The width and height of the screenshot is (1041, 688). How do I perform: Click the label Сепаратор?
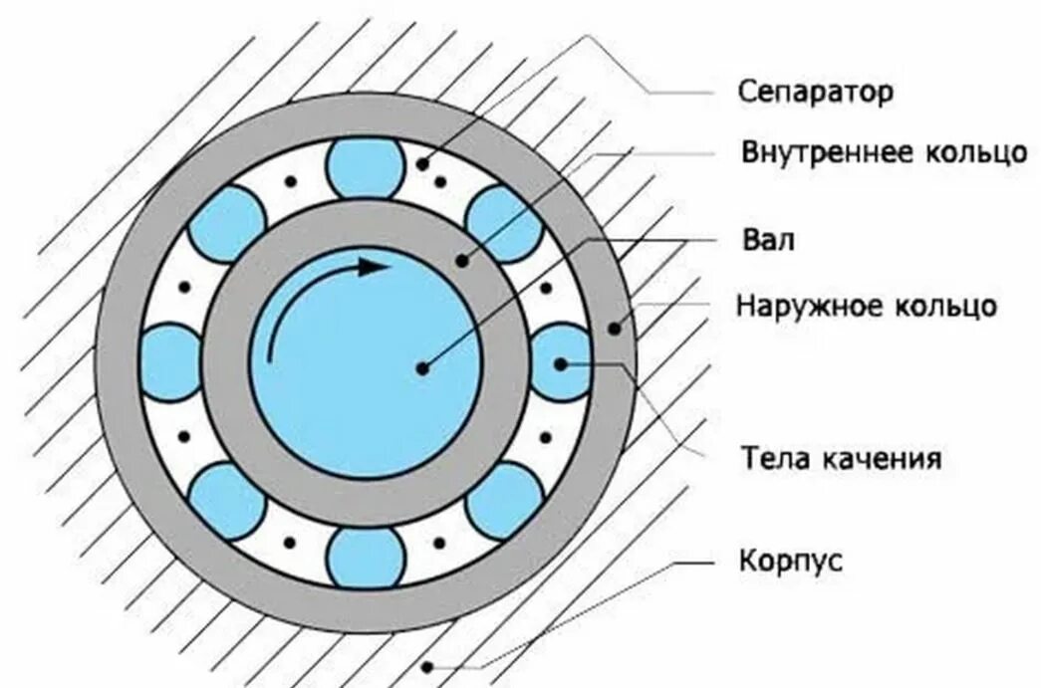pos(816,93)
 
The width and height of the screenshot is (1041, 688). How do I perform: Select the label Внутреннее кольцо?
pos(884,153)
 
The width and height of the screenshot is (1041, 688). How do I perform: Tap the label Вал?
pos(768,241)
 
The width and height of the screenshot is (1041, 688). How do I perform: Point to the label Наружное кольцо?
pos(866,305)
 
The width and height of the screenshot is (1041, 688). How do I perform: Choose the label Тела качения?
pos(841,459)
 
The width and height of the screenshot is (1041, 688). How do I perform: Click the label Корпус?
pos(791,560)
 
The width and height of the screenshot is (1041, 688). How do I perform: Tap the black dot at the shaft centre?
pos(422,367)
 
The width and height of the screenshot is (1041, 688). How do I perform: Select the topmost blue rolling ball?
pos(366,167)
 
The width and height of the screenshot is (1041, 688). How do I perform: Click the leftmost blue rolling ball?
pos(171,362)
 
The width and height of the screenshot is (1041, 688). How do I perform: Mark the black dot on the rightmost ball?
pos(560,363)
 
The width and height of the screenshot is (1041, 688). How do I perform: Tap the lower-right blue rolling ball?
pos(504,500)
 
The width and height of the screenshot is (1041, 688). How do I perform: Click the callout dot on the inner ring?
pos(461,262)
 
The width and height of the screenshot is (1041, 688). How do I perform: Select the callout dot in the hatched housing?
pos(427,666)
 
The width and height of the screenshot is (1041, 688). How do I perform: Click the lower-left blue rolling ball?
pos(228,500)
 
